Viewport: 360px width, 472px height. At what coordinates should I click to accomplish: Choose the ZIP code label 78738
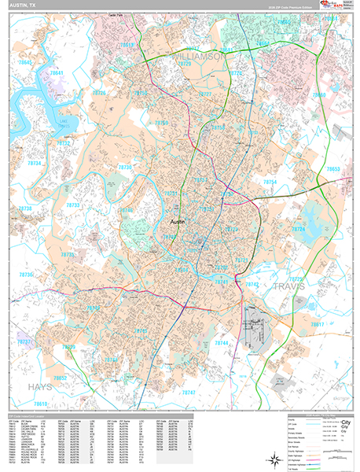click(26, 208)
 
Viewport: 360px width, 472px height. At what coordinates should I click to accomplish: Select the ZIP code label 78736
click(27, 275)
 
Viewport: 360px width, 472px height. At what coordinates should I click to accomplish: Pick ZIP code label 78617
click(317, 325)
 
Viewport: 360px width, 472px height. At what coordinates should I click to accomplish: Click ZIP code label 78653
click(333, 169)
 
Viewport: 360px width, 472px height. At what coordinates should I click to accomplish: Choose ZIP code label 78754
click(270, 182)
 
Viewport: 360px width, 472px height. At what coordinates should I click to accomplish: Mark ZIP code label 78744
click(222, 343)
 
